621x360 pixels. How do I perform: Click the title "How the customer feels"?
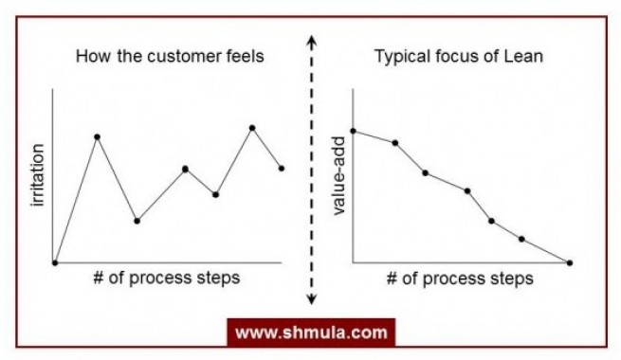169,57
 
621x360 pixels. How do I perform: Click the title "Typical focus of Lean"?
459,57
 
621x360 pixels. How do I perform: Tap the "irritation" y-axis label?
39,176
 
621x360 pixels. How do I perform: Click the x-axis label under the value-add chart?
460,279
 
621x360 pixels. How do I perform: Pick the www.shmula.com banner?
310,333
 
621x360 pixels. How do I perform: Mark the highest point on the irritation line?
252,127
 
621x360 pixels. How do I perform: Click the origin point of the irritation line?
55,262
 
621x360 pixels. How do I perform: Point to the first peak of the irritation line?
97,136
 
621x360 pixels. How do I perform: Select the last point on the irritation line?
282,169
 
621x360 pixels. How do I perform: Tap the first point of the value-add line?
353,131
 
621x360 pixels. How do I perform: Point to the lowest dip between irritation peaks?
137,221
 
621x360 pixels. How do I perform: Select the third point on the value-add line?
425,172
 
